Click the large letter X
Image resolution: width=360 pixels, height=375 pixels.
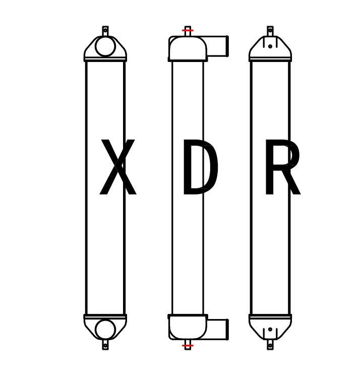[118, 167]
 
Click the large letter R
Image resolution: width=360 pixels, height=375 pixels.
[281, 167]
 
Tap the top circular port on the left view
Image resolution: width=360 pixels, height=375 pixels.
[105, 46]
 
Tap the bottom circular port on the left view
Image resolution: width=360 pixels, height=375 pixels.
[105, 329]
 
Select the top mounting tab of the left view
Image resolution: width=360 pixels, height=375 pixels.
[105, 30]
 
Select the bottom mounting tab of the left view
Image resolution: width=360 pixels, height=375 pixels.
[105, 345]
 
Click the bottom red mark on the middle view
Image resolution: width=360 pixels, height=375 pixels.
[188, 346]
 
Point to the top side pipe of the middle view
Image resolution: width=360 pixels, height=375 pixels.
[218, 46]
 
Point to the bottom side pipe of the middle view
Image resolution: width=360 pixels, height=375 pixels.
[218, 329]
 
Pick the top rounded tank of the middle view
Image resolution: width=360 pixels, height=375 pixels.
[188, 48]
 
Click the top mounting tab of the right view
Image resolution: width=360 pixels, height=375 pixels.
[270, 30]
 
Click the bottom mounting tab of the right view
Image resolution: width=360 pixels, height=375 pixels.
[270, 345]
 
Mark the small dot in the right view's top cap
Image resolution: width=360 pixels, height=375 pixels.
[270, 46]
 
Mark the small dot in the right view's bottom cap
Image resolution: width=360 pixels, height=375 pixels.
[270, 330]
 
